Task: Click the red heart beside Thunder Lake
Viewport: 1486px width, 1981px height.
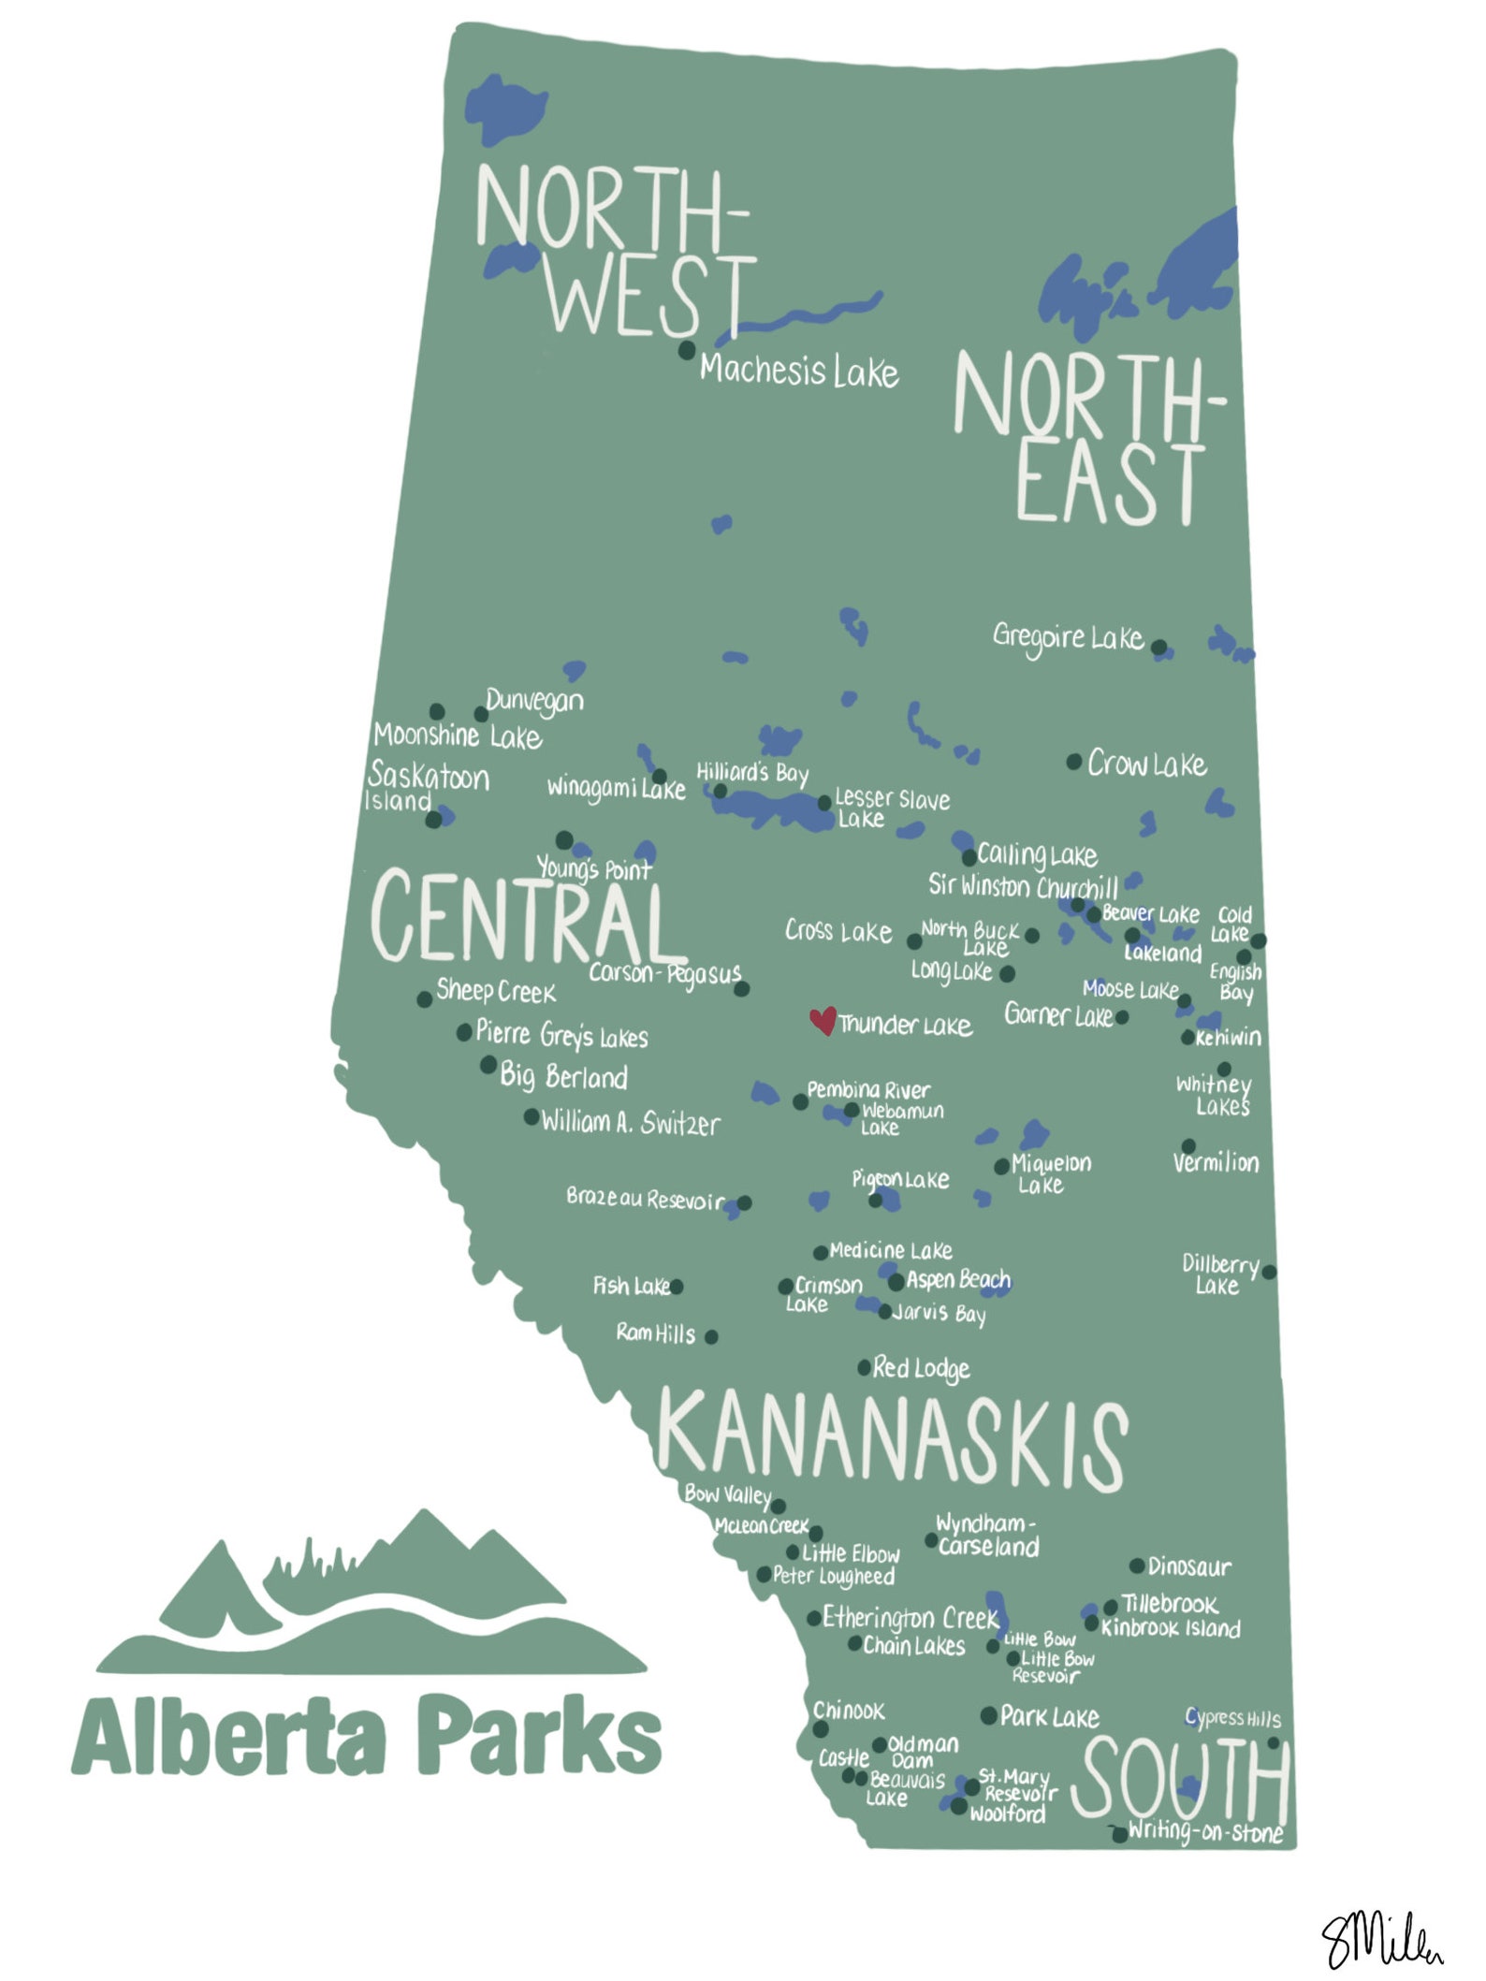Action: [x=823, y=1020]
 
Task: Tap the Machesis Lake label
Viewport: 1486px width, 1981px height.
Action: [x=798, y=371]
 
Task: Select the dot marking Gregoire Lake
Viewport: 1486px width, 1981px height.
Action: [x=1158, y=647]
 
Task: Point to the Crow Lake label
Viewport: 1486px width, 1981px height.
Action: [x=1146, y=765]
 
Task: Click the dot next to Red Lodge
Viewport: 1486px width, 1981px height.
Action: [x=865, y=1368]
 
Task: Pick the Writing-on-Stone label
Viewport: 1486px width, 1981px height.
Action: [x=1204, y=1831]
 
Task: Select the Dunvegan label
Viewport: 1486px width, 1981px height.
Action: [x=534, y=701]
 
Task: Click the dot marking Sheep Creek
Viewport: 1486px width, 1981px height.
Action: [x=424, y=999]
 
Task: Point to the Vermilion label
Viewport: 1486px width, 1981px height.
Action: [x=1216, y=1162]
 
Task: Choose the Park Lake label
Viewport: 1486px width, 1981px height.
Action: [x=1049, y=1716]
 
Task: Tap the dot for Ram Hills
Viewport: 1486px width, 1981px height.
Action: [x=711, y=1336]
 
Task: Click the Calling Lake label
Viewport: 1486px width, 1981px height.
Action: [x=1037, y=854]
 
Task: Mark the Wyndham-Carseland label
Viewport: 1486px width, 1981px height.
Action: [x=988, y=1536]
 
